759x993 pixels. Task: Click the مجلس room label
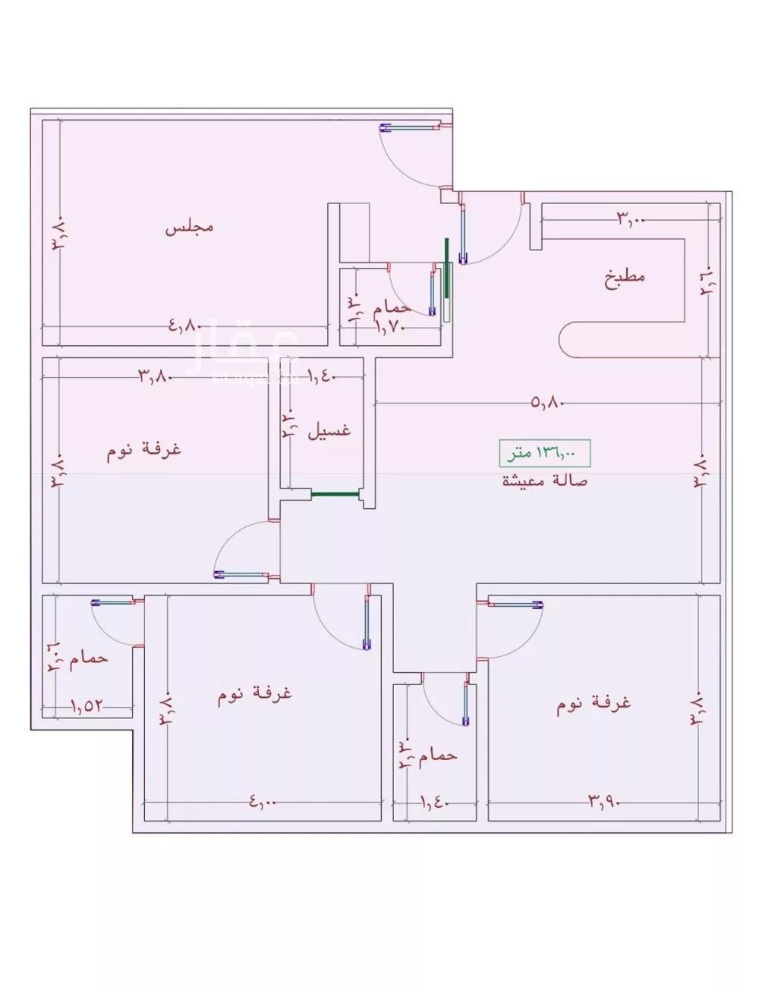click(189, 227)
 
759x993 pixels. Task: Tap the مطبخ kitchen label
click(625, 276)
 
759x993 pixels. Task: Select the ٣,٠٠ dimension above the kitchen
click(630, 220)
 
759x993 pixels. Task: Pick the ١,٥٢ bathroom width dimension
click(87, 705)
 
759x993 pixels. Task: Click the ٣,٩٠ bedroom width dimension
click(604, 800)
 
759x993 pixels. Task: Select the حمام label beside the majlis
click(392, 307)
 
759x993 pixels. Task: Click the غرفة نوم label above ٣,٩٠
click(594, 705)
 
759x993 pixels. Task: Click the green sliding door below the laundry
click(335, 494)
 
